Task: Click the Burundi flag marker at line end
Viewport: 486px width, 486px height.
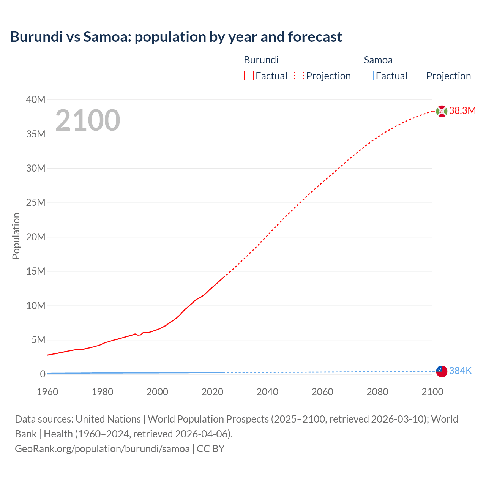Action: pos(442,111)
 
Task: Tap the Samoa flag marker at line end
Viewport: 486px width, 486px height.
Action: pos(442,371)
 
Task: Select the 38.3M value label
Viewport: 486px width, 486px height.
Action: pos(462,111)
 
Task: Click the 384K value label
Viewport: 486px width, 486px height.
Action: pos(460,371)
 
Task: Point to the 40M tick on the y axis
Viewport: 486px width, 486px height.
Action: pos(36,100)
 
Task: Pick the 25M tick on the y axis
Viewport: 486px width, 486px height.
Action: pos(36,203)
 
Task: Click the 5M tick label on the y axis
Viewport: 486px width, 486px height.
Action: pos(38,340)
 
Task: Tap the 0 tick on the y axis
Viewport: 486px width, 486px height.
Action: pos(43,374)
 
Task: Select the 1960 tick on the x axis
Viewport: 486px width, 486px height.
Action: pos(47,392)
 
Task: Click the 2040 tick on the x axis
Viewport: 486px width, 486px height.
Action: pos(267,392)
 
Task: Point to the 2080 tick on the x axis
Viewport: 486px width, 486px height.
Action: pos(377,392)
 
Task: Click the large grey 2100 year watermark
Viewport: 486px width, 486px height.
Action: pos(88,120)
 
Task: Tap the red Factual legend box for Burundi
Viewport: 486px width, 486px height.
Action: pos(249,76)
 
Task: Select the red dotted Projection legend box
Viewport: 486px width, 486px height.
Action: pos(299,76)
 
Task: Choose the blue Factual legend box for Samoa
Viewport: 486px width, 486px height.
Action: pos(369,76)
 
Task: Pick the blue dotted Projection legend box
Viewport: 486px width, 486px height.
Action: pos(419,76)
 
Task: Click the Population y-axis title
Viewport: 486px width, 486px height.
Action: pos(16,236)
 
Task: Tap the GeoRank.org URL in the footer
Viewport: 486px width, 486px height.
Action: pos(102,449)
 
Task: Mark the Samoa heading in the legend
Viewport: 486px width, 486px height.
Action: pos(378,60)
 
